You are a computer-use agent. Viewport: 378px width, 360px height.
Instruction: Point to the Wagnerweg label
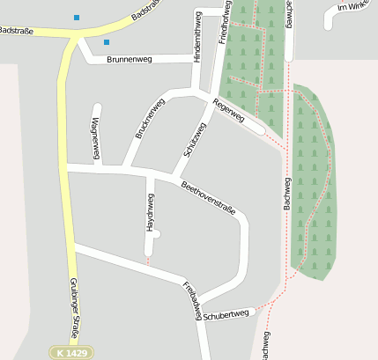coord(95,138)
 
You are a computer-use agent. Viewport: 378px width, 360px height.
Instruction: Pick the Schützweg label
coord(195,139)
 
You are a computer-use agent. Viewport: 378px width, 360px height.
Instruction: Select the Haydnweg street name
coord(149,215)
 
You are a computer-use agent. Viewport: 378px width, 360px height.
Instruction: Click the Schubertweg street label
coord(227,313)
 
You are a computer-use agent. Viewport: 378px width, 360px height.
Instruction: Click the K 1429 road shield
coord(70,352)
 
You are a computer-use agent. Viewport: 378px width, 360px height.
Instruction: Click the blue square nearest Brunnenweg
coord(107,41)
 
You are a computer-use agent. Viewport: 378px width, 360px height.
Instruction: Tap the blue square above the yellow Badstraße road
coord(77,17)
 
